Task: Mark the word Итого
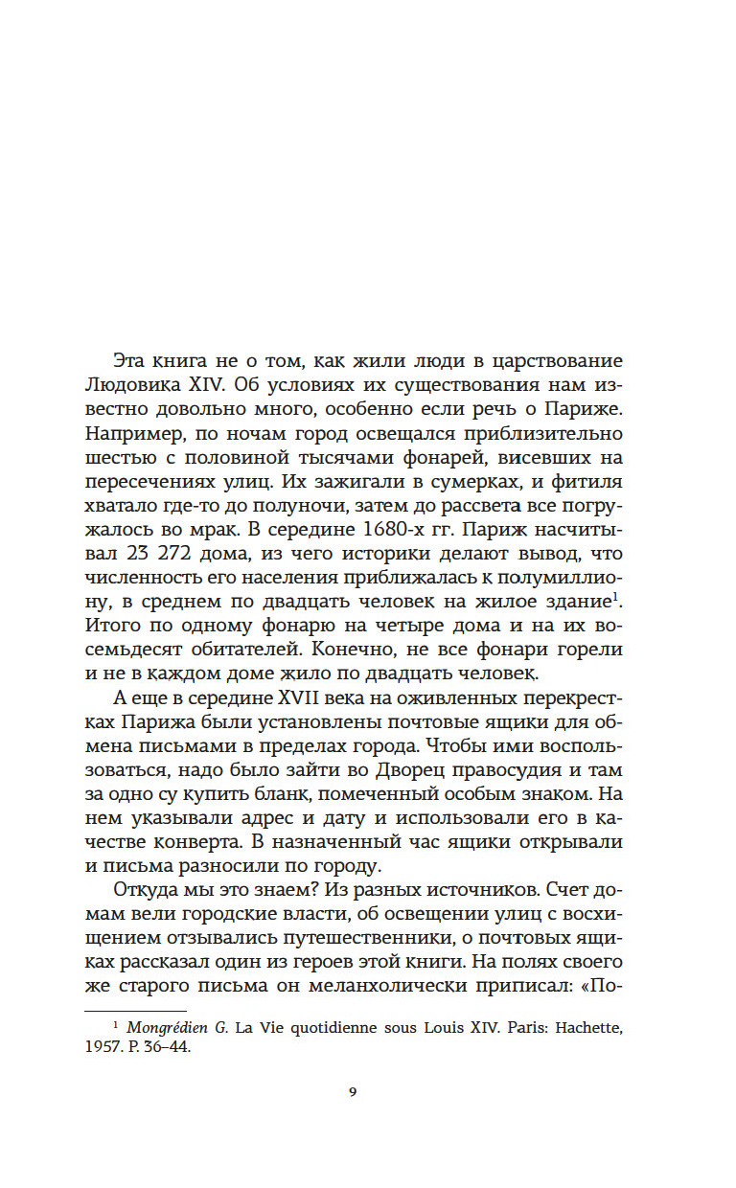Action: (x=111, y=625)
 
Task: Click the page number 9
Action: (x=354, y=1092)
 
